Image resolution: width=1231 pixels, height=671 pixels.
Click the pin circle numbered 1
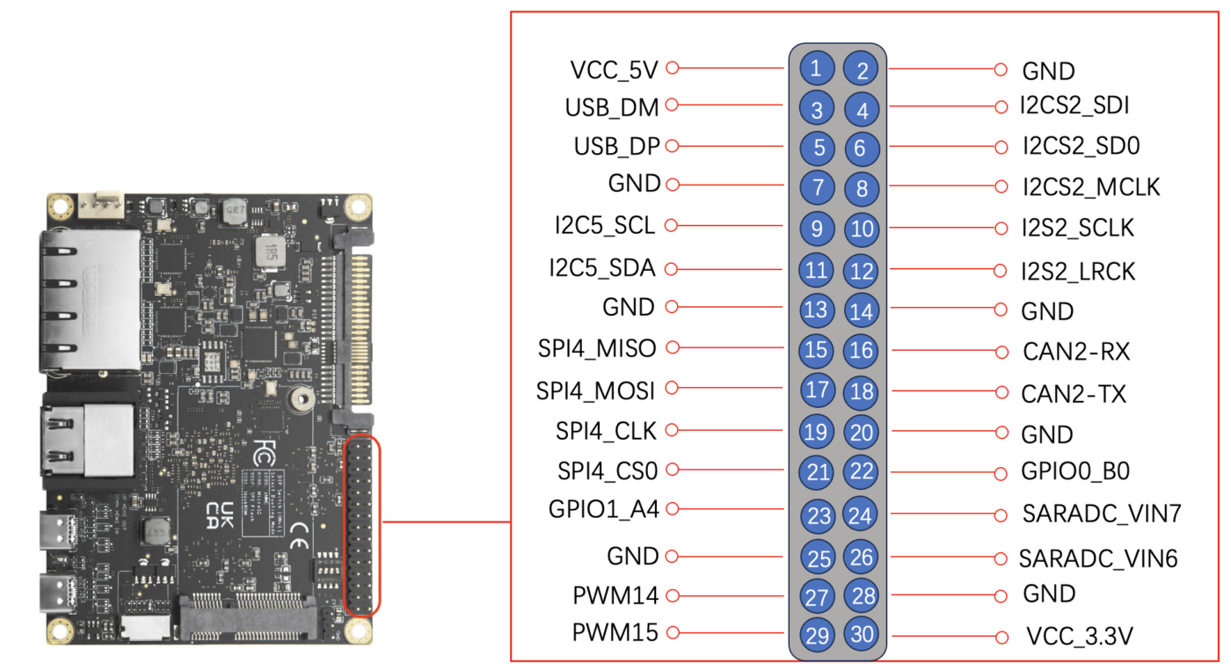(816, 68)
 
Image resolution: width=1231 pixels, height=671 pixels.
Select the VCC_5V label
(614, 69)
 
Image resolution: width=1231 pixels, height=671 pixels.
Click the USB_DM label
(612, 107)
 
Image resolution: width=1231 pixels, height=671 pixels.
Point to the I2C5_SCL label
(605, 226)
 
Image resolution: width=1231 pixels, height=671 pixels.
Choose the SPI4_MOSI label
(597, 389)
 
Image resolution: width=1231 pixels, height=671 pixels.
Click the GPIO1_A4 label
(603, 508)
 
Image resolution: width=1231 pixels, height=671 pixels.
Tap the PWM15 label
(615, 632)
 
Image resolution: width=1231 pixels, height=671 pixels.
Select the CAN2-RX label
(1076, 352)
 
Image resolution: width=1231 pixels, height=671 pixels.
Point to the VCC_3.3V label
(1079, 636)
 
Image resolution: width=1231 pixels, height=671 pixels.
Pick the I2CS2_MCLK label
(1090, 187)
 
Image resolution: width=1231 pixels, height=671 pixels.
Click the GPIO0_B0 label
(1075, 471)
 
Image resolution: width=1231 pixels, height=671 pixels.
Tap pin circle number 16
(862, 351)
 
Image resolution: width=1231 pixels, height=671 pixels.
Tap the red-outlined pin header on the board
(361, 525)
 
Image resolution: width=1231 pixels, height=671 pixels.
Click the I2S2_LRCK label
(1078, 272)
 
